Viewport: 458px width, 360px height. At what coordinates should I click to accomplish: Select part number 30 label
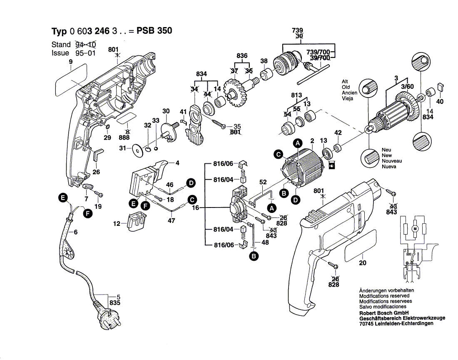click(166, 111)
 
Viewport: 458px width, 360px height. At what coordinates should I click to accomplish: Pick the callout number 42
click(338, 132)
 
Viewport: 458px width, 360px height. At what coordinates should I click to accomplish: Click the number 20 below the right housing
click(363, 263)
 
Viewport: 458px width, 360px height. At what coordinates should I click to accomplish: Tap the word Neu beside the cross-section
click(386, 150)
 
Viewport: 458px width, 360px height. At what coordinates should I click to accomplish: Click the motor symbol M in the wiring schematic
click(414, 229)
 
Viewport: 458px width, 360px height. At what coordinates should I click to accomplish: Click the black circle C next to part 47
click(192, 200)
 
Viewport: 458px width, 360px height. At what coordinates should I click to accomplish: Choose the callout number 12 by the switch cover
click(117, 224)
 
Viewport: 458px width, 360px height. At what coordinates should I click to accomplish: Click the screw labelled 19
click(100, 194)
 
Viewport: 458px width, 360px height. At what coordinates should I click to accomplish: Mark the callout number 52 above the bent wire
click(263, 182)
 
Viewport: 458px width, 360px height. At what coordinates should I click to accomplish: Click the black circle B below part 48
click(253, 256)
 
